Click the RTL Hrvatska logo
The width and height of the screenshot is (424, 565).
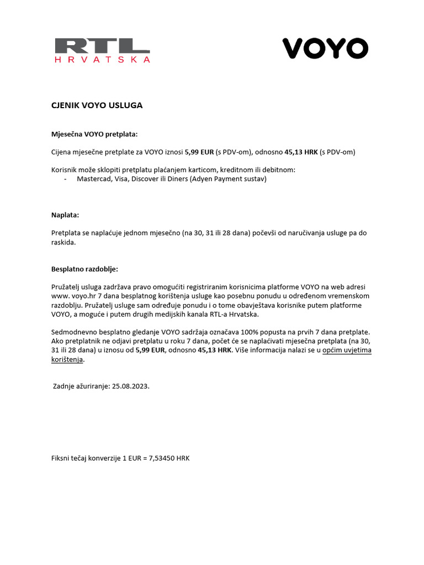[102, 50]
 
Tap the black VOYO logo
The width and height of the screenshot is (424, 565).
[325, 49]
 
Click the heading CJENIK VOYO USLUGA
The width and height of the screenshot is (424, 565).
[97, 105]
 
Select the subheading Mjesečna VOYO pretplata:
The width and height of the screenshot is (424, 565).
[94, 134]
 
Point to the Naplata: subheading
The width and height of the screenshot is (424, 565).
[65, 215]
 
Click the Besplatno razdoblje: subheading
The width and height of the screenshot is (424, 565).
[84, 269]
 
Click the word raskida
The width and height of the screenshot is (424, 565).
[63, 242]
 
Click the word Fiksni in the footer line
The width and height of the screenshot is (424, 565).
[61, 458]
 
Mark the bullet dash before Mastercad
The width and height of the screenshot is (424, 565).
[66, 179]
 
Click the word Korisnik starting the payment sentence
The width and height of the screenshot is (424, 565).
[66, 169]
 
